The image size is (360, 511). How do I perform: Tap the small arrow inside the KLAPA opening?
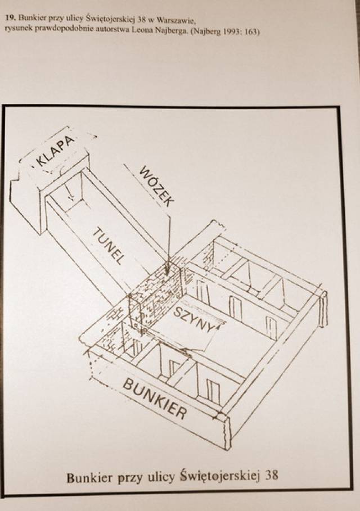tap(69, 193)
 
